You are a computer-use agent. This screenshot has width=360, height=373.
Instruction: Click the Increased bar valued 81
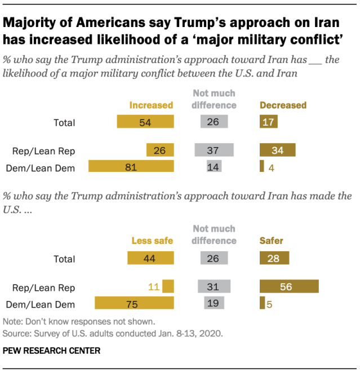point(131,166)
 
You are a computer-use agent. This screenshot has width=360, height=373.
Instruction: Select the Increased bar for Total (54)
point(145,122)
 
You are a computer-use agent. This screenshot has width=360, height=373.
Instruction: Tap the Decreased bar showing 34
point(277,150)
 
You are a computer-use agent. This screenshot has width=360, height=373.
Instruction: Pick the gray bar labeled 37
point(214,150)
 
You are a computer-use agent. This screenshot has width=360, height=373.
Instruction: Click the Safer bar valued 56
point(289,287)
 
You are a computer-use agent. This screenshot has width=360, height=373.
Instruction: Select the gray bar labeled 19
point(214,304)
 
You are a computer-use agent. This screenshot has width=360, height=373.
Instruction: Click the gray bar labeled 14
point(214,166)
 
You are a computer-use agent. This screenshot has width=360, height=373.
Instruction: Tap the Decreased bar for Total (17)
point(268,122)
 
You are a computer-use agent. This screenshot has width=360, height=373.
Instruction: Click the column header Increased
point(151,105)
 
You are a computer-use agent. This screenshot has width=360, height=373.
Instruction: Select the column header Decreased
point(283,105)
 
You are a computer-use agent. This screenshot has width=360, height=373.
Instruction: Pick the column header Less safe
point(152,241)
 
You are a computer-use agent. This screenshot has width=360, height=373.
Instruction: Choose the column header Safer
point(271,241)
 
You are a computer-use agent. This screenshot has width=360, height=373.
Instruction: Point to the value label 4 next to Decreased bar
point(270,167)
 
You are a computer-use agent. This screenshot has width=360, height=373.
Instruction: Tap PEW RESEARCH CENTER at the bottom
point(52,350)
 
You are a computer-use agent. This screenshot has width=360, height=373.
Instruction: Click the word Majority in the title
point(32,24)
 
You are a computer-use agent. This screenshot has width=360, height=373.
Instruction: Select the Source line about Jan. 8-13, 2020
point(113,333)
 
